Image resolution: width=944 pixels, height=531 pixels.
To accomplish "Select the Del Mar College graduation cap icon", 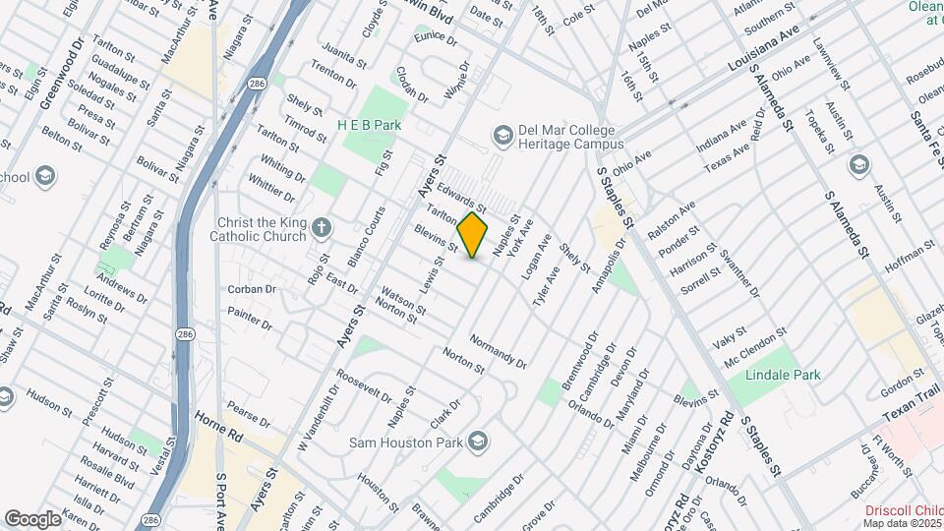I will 502,132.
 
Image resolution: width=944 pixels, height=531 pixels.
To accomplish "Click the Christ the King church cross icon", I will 320,230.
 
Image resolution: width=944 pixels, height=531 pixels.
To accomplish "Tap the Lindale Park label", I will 783,375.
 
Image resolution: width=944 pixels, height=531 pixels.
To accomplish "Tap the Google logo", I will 32,518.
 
